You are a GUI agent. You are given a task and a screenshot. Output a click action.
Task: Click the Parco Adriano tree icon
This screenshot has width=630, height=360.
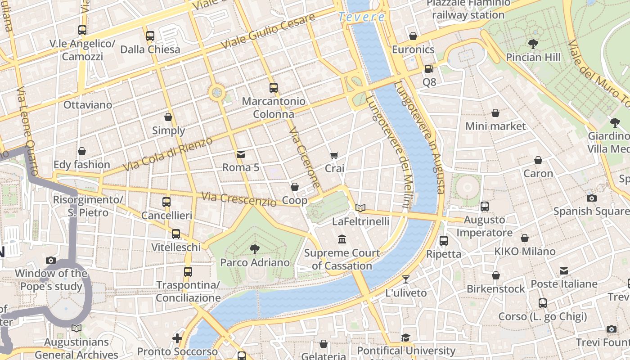(x=255, y=249)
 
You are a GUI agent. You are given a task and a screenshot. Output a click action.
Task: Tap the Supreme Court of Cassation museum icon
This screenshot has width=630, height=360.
(x=342, y=239)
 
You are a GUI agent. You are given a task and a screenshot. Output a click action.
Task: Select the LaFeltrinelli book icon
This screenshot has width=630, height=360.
(x=360, y=208)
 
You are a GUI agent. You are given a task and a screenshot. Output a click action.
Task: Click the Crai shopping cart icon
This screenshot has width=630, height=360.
(x=334, y=155)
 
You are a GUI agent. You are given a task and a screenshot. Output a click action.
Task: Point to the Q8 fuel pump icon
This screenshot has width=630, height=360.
(x=429, y=69)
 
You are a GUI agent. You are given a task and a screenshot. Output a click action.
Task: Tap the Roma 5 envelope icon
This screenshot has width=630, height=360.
(x=241, y=154)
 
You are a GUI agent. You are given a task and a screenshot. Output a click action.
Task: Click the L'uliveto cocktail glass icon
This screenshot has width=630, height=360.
(x=405, y=279)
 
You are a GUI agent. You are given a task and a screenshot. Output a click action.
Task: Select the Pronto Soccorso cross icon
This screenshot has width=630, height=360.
(x=177, y=338)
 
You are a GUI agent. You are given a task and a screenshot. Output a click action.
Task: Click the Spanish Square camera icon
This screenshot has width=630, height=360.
(x=592, y=198)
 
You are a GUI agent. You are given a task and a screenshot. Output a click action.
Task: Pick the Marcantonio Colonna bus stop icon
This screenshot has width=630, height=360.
(x=274, y=88)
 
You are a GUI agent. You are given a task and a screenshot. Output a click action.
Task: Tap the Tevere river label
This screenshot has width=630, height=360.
(x=361, y=17)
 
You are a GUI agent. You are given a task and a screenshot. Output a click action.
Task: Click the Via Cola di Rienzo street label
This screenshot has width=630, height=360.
(x=167, y=154)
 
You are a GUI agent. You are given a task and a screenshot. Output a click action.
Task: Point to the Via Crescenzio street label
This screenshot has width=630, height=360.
(x=238, y=199)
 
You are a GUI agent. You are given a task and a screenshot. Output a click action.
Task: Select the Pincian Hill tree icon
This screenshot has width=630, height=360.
(x=533, y=44)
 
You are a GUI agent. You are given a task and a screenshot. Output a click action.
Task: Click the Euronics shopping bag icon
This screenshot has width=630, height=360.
(x=413, y=36)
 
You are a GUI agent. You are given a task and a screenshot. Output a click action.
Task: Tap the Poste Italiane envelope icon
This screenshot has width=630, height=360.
(x=564, y=271)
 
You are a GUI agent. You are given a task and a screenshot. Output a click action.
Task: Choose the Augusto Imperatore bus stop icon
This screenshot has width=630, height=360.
(x=485, y=207)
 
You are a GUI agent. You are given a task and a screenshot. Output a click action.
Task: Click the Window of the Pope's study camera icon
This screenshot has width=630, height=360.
(x=51, y=260)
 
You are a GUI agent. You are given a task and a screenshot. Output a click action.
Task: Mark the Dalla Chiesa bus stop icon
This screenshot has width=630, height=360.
(x=150, y=36)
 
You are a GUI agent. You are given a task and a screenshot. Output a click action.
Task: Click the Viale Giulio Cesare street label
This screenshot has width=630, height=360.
(x=268, y=32)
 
